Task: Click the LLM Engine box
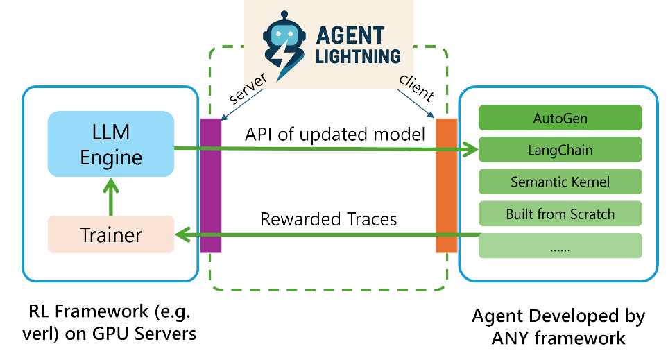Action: (x=111, y=143)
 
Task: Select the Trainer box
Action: (x=111, y=234)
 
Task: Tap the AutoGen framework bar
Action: (x=560, y=119)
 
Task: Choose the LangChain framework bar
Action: (x=560, y=150)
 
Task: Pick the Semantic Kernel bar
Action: (x=560, y=182)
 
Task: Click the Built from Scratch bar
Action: (x=560, y=214)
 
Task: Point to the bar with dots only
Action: (x=560, y=245)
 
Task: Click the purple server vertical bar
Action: (x=210, y=185)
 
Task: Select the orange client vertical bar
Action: (x=446, y=185)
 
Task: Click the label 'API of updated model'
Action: (x=334, y=134)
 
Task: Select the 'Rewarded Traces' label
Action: (x=328, y=219)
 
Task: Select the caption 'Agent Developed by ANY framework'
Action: (x=558, y=327)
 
